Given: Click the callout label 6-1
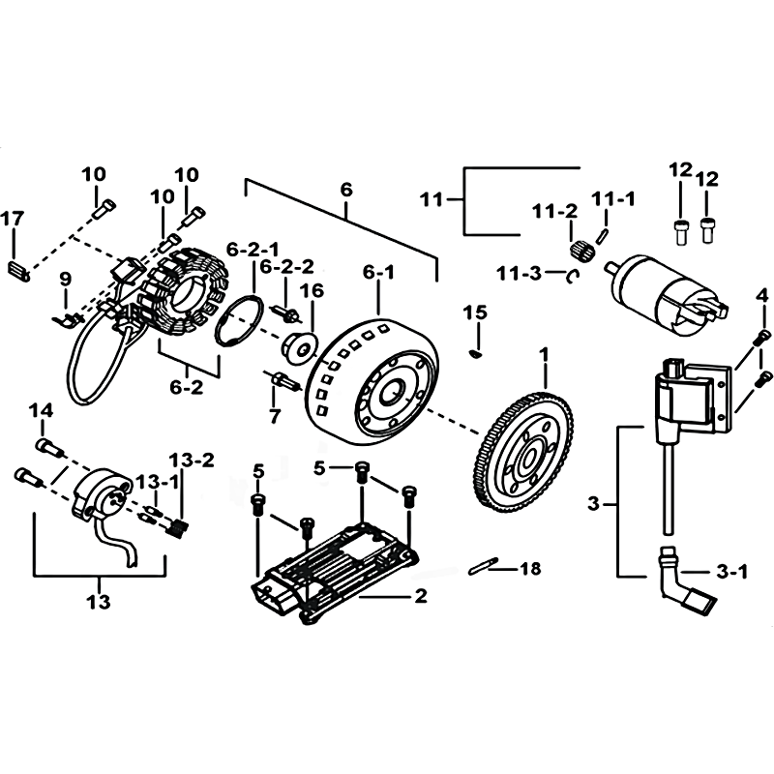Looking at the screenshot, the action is [379, 272].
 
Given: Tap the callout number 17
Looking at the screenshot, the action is [13, 219].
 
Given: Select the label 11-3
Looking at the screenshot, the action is [520, 273].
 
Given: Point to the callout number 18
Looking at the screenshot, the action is [530, 569].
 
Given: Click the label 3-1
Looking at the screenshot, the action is [731, 572].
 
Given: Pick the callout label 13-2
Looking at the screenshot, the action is [192, 461].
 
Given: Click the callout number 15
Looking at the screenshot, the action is [475, 313].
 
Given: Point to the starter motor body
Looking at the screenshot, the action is [667, 294].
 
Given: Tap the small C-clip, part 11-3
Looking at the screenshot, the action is [570, 278].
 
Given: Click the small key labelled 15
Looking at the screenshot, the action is [476, 354].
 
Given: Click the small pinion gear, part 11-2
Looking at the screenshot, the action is [583, 250].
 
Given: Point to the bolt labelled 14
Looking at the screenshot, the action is [50, 447].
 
